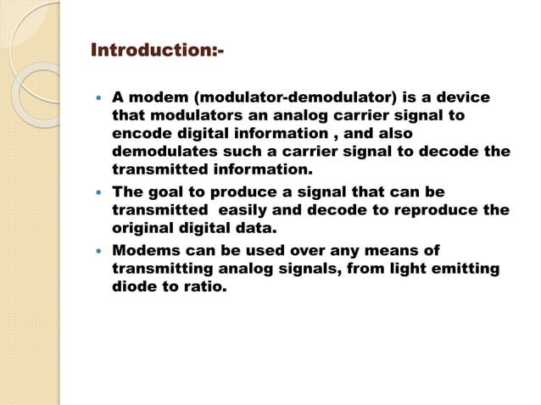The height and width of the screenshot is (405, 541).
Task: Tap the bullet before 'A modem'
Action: point(98,98)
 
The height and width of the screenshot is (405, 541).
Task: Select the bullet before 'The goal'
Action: point(98,192)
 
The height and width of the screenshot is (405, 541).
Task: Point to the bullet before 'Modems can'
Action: point(98,251)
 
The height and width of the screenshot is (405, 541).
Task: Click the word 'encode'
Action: point(139,134)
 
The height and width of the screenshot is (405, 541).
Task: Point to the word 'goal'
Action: point(167,192)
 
